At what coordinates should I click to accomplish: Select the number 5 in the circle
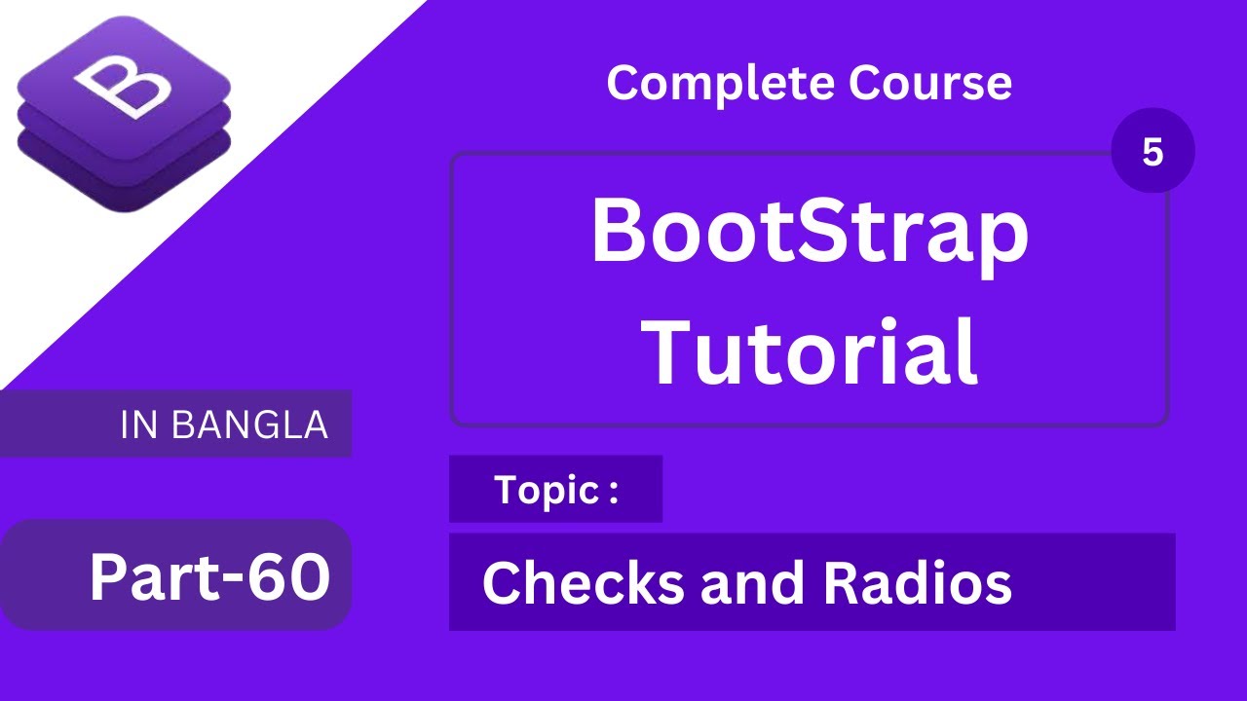pos(1153,153)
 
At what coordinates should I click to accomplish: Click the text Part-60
pos(208,576)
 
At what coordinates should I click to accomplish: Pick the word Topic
pos(546,490)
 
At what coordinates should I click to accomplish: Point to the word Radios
pos(917,583)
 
